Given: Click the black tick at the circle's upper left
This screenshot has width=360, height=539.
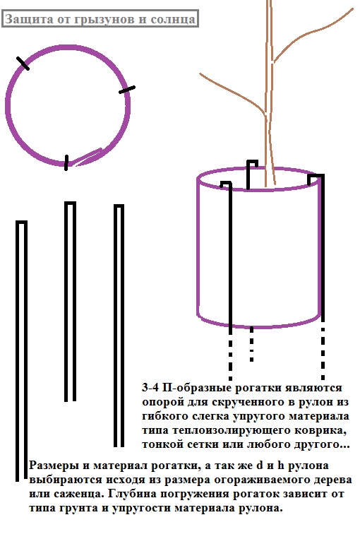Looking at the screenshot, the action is (23, 64).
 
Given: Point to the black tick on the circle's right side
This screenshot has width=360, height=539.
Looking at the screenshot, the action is (127, 90).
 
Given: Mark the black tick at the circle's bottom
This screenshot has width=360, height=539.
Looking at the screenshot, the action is (66, 162).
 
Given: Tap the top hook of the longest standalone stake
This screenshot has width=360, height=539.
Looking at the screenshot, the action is (21, 223).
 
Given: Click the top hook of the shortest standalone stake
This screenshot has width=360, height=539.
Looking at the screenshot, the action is (70, 204).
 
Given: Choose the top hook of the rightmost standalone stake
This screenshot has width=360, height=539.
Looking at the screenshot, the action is (119, 207).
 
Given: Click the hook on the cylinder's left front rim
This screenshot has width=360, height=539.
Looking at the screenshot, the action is (226, 184).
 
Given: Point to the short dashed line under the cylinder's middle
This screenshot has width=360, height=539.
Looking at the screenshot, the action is (252, 344).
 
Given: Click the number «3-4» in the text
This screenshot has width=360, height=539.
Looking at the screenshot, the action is (150, 387).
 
